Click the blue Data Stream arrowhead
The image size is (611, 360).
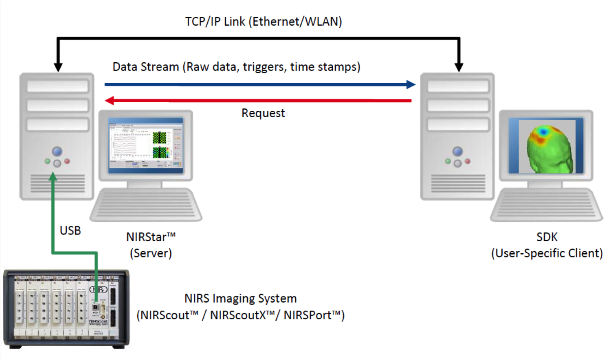click(x=411, y=85)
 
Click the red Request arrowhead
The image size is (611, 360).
click(x=109, y=100)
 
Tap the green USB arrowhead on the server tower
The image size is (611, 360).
click(x=53, y=177)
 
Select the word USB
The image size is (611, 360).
click(x=70, y=230)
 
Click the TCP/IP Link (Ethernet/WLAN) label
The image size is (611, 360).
click(x=263, y=22)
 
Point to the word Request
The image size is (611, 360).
click(x=263, y=113)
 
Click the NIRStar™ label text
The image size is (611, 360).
click(x=151, y=237)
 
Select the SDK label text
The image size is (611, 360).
click(x=547, y=237)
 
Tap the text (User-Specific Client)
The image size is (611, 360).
click(x=547, y=253)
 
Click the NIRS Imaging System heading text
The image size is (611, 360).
click(x=240, y=299)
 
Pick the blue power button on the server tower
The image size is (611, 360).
click(x=57, y=151)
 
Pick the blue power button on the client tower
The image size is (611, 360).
click(x=457, y=151)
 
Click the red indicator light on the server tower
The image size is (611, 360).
click(x=67, y=161)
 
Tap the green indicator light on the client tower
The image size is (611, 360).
click(x=448, y=162)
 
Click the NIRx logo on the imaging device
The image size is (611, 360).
click(x=98, y=290)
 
